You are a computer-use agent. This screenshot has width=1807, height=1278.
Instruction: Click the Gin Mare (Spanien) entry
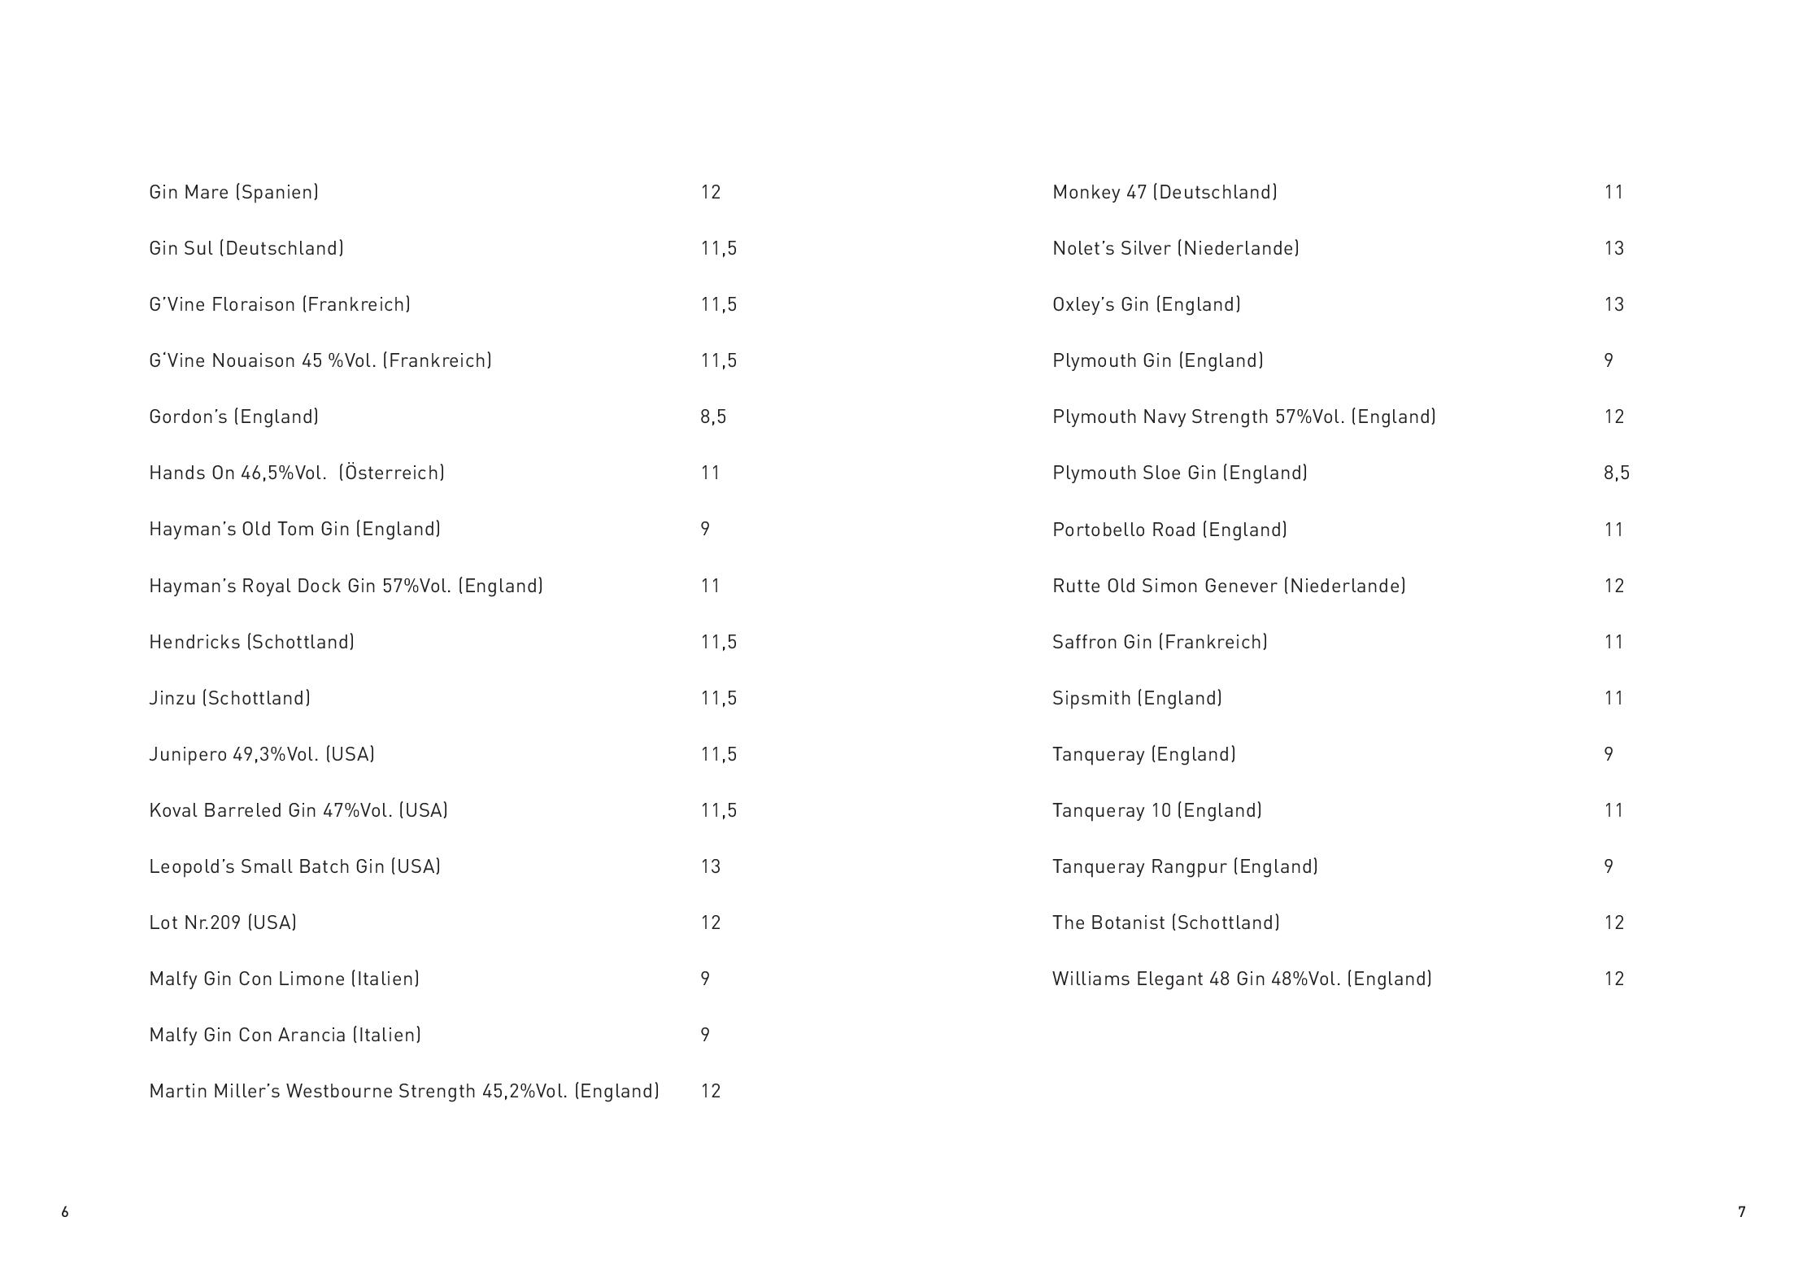click(x=233, y=192)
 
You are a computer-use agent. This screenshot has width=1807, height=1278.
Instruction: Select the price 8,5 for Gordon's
click(x=713, y=417)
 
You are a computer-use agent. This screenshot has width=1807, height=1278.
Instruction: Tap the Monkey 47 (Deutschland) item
click(x=1165, y=192)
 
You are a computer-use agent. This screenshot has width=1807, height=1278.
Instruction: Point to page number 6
click(x=65, y=1212)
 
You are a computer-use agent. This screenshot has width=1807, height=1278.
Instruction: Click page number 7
click(x=1741, y=1212)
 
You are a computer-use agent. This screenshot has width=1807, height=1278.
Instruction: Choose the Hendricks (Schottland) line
click(x=251, y=642)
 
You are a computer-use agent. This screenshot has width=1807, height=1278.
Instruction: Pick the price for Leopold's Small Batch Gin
click(x=711, y=866)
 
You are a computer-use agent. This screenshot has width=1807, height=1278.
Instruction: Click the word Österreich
click(x=392, y=473)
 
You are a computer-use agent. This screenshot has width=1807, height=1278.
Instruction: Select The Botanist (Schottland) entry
click(x=1165, y=923)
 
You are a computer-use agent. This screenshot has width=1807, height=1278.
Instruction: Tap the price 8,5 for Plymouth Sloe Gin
click(x=1616, y=473)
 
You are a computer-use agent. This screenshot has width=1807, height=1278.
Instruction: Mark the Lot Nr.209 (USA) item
click(x=222, y=923)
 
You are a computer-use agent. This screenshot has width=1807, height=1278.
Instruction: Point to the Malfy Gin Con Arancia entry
click(x=285, y=1035)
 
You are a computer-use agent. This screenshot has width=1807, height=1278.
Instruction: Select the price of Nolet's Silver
click(x=1613, y=248)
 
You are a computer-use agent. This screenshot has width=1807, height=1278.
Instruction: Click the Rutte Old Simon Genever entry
click(x=1228, y=586)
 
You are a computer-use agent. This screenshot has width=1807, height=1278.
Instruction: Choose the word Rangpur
click(x=1188, y=866)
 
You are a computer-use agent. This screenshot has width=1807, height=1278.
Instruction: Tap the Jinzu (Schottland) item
click(x=229, y=698)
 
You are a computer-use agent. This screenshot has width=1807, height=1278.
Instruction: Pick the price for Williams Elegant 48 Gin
click(x=1613, y=979)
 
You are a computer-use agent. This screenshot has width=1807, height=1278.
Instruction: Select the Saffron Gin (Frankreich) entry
click(x=1160, y=642)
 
